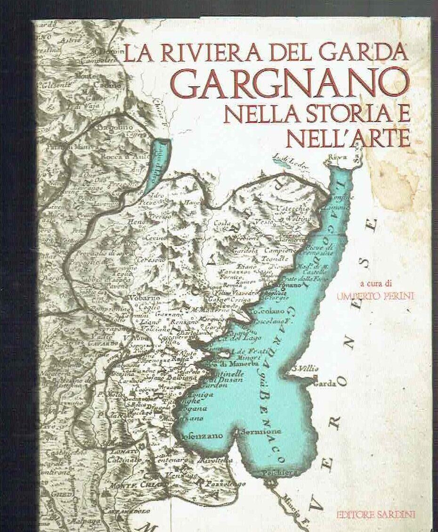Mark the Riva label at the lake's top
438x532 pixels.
[339, 157]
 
